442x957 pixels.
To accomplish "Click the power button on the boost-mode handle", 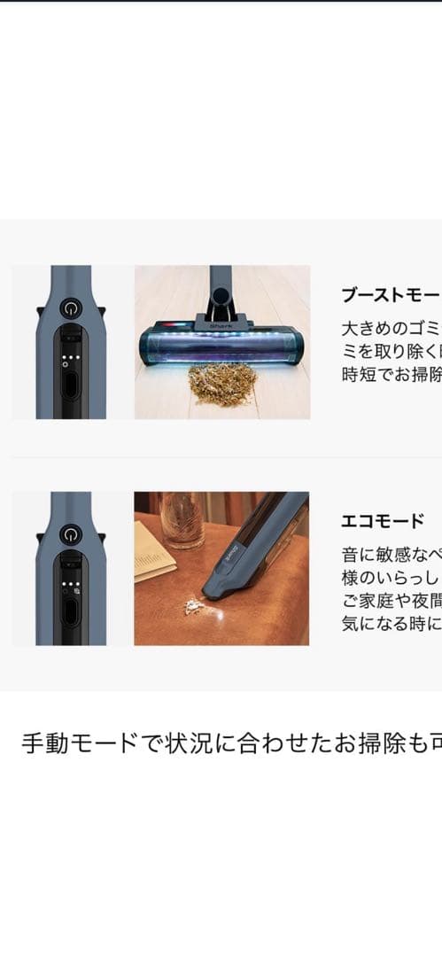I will point(71,309).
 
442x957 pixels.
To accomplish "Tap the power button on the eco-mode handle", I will point(71,535).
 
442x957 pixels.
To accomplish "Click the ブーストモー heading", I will point(390,295).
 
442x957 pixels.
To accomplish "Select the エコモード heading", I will point(383,521).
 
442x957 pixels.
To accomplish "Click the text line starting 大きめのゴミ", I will point(390,329).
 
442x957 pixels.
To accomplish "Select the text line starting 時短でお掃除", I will point(390,374).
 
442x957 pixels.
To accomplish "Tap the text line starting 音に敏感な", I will point(390,555).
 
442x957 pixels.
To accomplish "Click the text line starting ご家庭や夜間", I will point(390,600).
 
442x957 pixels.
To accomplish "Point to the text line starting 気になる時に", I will point(390,622).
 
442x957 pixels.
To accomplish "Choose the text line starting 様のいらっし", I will point(390,577).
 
